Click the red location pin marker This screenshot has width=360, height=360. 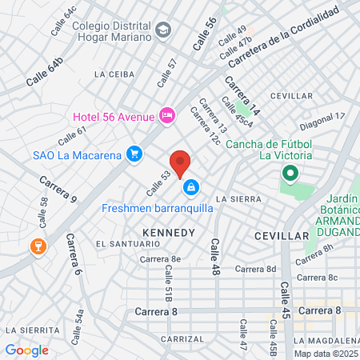point(181,163)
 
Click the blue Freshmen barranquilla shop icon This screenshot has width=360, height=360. point(191,188)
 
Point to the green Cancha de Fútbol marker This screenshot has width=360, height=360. point(290,172)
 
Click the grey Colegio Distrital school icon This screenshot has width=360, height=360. point(164,30)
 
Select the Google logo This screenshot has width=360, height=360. point(26,350)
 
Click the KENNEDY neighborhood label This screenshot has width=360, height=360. point(168,232)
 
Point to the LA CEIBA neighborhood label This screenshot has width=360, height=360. point(114,74)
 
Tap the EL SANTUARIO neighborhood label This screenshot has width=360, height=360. point(122,243)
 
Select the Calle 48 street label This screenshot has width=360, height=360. point(214,257)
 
